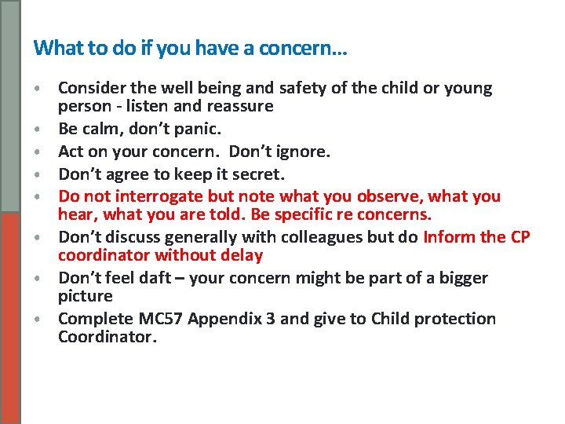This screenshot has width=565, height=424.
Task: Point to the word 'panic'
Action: tap(198, 128)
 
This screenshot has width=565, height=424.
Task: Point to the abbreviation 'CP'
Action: tap(519, 237)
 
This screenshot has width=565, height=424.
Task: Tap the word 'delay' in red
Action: tap(239, 255)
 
